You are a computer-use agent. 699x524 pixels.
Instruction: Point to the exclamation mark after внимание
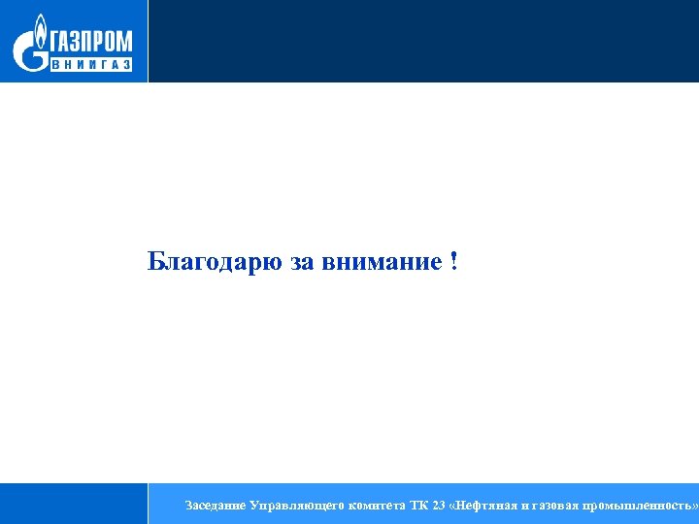coord(453,261)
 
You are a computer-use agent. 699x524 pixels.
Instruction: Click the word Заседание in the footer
coord(215,506)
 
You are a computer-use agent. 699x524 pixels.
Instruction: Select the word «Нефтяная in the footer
coord(486,506)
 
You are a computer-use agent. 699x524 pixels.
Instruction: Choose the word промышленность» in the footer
coord(643,506)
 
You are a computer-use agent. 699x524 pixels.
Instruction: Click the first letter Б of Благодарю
coord(155,262)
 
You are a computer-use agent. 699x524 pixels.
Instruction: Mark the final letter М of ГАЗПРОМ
coord(123,43)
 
